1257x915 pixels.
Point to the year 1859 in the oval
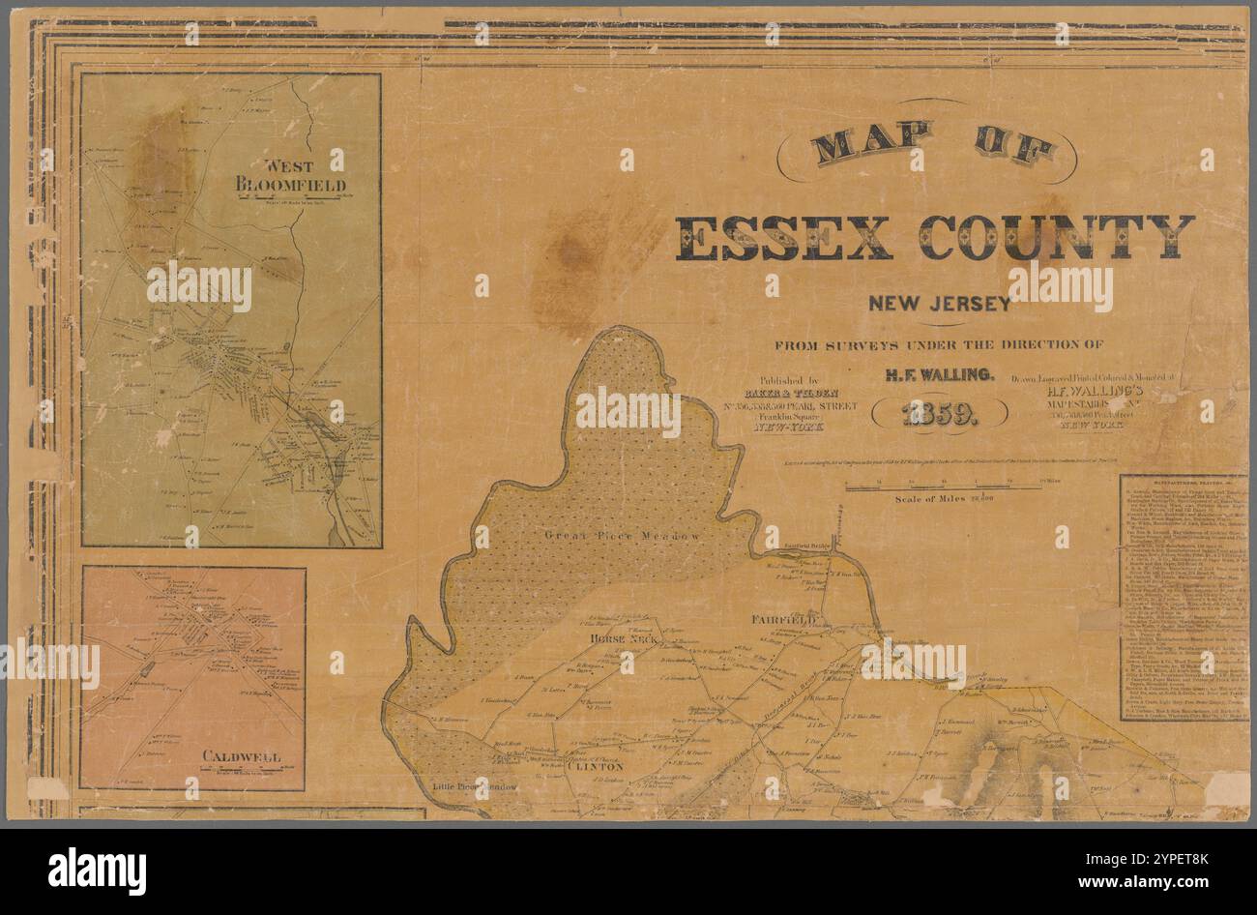click(x=939, y=415)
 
